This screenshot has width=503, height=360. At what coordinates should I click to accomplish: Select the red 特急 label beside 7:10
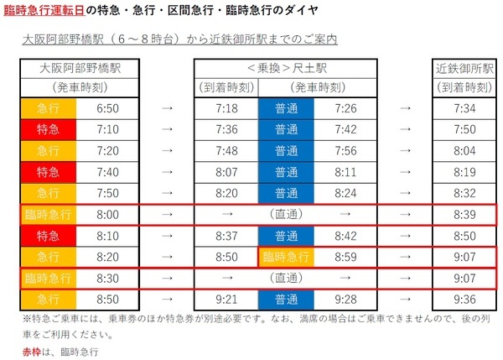click(48, 130)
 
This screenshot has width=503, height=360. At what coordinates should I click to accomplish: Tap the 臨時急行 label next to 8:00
click(48, 214)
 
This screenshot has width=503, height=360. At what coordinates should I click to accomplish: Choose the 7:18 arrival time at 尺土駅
click(226, 108)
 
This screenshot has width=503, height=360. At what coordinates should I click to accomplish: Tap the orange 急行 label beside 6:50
click(48, 108)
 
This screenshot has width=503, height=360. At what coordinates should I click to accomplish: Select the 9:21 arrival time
click(226, 298)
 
